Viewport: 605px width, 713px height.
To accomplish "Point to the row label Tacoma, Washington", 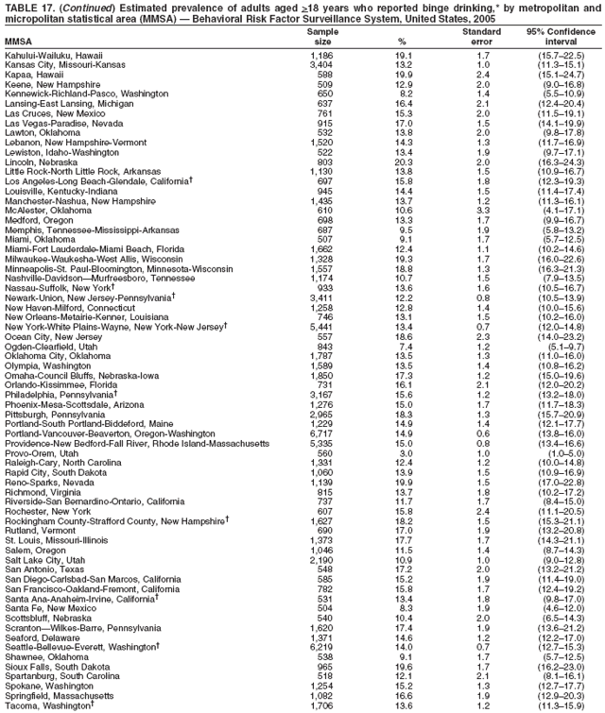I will pyautogui.click(x=52, y=706).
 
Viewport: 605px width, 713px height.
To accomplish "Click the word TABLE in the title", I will pyautogui.click(x=21, y=6).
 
